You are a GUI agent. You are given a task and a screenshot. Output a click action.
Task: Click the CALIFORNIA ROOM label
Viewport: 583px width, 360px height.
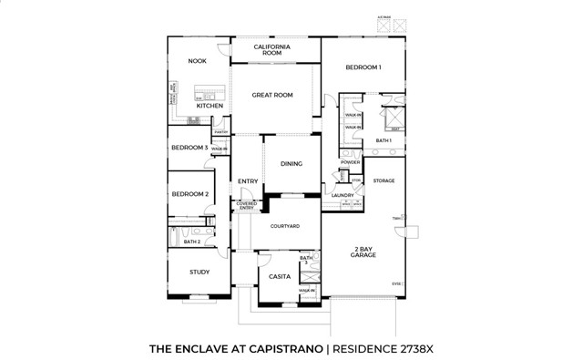pos(271,50)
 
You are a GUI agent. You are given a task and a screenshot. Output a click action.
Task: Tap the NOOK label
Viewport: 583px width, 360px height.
pos(198,61)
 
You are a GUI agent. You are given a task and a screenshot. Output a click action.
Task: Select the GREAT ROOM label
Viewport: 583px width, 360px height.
pos(271,95)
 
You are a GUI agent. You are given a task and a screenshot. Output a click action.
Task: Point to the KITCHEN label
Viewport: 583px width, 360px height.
pos(210,106)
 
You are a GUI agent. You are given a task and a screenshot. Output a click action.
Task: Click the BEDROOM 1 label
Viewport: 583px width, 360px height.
pos(363,67)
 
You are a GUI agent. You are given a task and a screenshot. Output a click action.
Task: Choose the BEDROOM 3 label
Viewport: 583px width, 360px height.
pos(189,147)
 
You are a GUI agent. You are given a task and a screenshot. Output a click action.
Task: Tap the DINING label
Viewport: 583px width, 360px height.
pos(291,164)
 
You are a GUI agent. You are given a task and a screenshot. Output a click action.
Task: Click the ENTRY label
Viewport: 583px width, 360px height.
pos(248,181)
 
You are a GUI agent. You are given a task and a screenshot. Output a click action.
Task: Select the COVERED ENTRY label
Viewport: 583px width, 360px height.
pos(247,206)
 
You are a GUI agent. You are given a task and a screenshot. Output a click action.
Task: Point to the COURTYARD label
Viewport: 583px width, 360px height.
pos(284,226)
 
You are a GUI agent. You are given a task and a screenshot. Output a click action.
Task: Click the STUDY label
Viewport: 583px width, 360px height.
pos(199,272)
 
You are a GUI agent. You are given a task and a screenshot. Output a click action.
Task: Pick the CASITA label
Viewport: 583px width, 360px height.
pos(280,276)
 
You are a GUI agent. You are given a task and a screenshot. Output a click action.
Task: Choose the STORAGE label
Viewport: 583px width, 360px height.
pos(384,180)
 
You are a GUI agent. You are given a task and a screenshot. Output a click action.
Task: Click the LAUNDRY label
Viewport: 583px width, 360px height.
pos(343,195)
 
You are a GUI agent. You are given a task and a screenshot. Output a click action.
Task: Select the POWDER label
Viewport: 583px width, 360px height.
pos(351,162)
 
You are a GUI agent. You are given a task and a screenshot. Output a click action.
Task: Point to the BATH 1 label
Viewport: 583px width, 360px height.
pos(384,140)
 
